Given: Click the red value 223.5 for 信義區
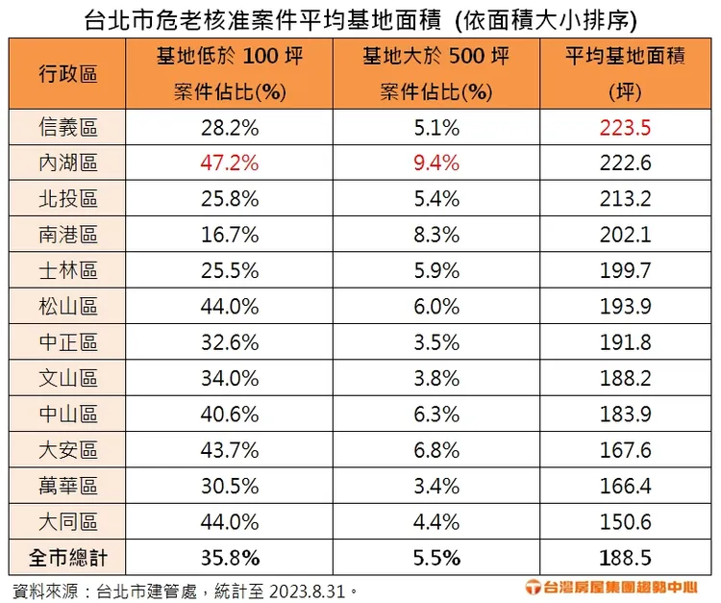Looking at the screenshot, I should tap(625, 127).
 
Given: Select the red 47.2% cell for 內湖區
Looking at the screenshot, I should tap(230, 163).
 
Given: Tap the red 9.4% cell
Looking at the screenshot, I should tap(437, 163).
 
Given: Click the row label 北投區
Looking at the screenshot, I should tap(68, 199).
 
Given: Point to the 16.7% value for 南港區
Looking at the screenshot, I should tap(230, 235).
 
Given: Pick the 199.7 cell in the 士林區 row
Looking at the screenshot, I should tap(625, 271).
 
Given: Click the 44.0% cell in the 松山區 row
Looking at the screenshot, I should tap(230, 307).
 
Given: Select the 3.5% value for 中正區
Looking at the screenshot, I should tap(437, 343).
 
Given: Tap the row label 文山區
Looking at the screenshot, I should tap(68, 379).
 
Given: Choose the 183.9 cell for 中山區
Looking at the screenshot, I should tap(625, 415).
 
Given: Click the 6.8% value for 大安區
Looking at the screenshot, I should tap(437, 451).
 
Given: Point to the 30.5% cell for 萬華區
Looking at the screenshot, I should tap(230, 487).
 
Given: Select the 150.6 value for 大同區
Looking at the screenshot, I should tap(625, 522).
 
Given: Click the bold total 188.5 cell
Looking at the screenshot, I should tap(625, 558).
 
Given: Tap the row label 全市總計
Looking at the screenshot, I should tap(68, 558).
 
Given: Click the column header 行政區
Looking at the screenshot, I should tap(68, 73).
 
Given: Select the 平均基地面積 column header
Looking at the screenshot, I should tap(625, 58).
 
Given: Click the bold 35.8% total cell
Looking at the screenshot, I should tap(230, 558).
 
